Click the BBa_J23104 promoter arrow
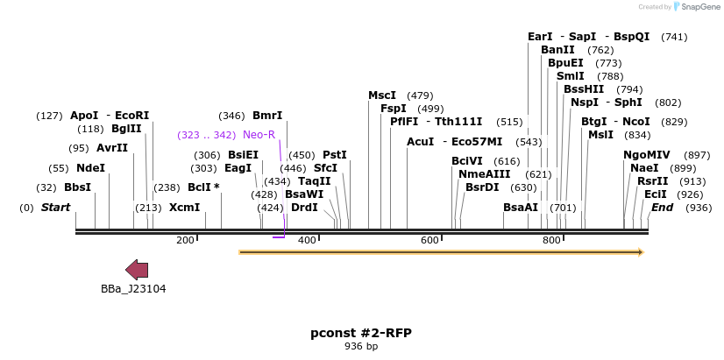137,269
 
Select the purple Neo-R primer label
259,135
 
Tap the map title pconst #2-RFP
360,333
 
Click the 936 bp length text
360,347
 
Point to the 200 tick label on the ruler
185,240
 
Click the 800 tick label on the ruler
551,240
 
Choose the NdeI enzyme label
90,168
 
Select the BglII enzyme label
126,129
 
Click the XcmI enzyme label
184,208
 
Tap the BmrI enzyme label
267,116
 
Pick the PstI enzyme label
335,155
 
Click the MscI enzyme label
382,95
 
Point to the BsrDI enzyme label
481,187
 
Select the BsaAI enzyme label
521,208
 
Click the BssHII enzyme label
584,89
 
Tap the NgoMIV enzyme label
646,155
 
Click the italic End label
662,208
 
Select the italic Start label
55,208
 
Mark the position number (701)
563,208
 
